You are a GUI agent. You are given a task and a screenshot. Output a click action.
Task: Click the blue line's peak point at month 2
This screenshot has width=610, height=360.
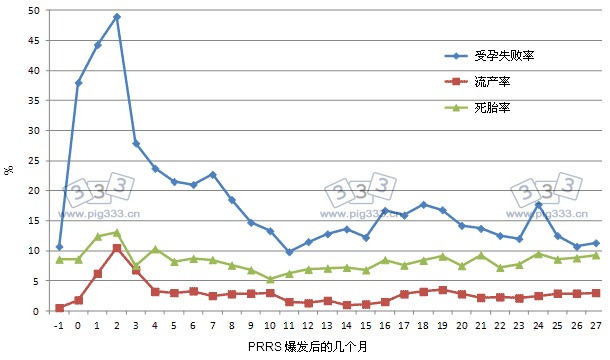coord(117,17)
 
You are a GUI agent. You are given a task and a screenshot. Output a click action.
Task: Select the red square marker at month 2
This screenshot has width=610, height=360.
coord(117,248)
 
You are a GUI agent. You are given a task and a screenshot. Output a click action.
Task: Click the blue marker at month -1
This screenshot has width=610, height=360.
coord(59,247)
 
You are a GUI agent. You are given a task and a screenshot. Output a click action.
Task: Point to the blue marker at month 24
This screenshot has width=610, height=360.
coord(539,205)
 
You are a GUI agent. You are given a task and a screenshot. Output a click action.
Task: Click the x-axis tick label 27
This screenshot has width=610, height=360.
coord(596,324)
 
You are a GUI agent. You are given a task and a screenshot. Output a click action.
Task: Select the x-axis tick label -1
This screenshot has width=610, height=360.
coord(59,324)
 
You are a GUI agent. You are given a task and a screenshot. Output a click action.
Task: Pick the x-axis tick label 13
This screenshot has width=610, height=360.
coord(328,324)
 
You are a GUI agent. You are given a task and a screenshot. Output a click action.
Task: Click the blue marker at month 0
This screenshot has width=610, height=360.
coord(78,83)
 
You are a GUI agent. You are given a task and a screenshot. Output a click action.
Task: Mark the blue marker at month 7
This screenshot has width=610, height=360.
coord(213,175)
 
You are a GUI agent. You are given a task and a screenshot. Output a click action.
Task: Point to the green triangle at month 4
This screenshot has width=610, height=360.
coord(155,249)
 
